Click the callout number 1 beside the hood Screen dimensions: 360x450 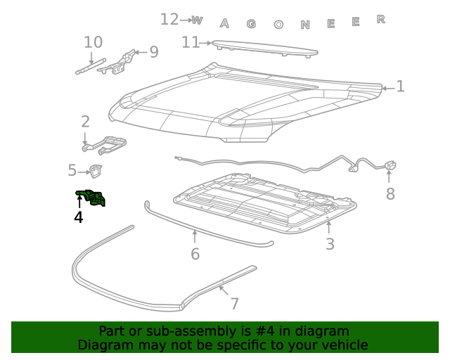click(x=400, y=86)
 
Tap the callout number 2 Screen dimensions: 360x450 click(x=85, y=122)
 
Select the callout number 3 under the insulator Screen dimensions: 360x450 click(x=330, y=244)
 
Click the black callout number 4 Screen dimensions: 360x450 click(x=79, y=218)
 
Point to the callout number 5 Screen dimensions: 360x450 click(x=72, y=170)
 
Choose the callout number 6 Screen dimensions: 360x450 click(x=195, y=254)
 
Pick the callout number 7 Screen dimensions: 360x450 click(x=235, y=304)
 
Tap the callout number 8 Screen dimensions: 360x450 click(x=390, y=193)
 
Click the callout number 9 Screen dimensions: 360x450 click(x=153, y=52)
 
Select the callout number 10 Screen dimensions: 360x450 click(x=93, y=42)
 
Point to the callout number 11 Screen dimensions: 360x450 click(x=191, y=42)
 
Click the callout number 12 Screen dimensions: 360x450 click(x=169, y=20)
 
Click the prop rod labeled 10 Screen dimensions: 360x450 click(x=89, y=67)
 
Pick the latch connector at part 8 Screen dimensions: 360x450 click(x=391, y=167)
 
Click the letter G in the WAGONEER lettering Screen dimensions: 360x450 click(x=251, y=24)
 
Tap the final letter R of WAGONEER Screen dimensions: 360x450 click(x=381, y=19)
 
